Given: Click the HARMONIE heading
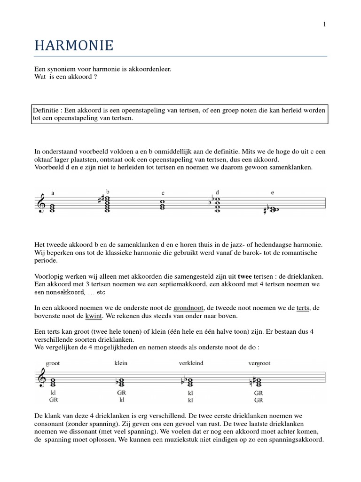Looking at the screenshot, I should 74,46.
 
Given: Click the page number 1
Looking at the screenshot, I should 324,25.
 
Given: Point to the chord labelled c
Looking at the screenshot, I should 162,205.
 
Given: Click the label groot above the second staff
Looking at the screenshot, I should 54,364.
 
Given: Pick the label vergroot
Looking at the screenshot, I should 259,364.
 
